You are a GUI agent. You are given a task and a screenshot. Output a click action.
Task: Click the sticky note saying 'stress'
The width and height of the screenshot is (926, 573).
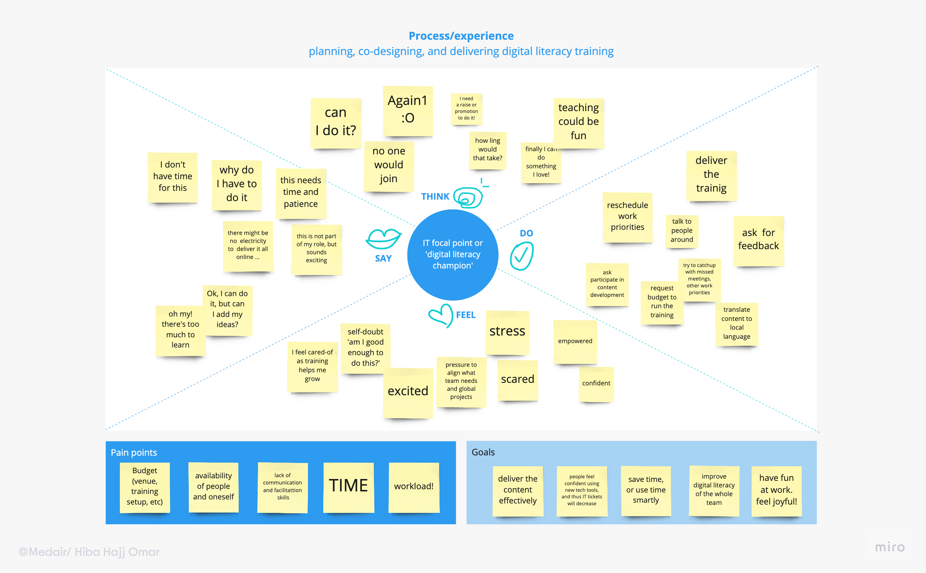tap(507, 332)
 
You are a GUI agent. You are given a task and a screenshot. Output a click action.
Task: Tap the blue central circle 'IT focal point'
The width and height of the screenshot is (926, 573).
tap(453, 255)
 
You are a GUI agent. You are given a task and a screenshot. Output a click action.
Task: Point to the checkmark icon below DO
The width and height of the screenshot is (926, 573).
tap(521, 256)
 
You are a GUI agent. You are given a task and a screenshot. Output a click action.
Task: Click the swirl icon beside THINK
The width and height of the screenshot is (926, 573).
tap(468, 197)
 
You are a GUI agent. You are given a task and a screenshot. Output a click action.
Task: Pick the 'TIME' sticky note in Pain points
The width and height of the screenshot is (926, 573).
tap(348, 487)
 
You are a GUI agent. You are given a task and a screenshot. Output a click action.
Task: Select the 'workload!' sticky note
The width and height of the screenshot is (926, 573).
tap(414, 487)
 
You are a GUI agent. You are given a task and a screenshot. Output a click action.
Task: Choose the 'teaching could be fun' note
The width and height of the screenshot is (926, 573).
tap(578, 122)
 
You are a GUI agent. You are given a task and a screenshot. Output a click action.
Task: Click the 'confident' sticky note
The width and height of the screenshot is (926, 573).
tap(596, 384)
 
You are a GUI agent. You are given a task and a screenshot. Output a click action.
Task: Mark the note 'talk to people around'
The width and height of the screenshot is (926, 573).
tap(681, 231)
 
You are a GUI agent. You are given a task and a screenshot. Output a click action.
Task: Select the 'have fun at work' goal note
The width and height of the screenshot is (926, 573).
tap(776, 490)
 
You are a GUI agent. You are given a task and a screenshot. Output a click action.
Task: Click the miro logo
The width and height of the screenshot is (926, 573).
tap(890, 547)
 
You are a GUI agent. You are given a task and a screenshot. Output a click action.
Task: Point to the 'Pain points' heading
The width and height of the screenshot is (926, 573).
tap(134, 452)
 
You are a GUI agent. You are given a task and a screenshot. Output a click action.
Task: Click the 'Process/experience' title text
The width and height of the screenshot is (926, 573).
tap(461, 36)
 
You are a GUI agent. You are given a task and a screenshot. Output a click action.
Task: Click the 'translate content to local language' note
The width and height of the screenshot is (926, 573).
tap(736, 323)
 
